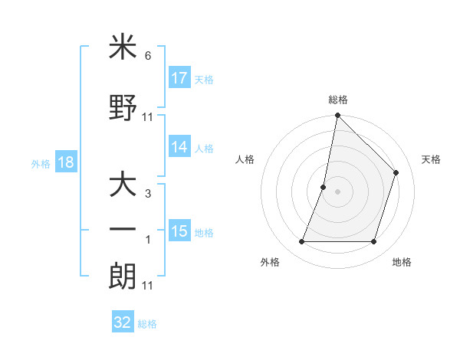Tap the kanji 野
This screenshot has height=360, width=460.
pyautogui.click(x=123, y=106)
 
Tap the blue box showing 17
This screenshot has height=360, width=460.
pyautogui.click(x=179, y=78)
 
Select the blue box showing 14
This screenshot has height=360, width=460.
pyautogui.click(x=179, y=148)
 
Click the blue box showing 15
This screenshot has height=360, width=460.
pyautogui.click(x=179, y=231)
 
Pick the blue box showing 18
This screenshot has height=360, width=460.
pyautogui.click(x=65, y=163)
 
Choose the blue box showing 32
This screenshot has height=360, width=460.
pyautogui.click(x=123, y=322)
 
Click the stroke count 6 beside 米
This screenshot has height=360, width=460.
pyautogui.click(x=148, y=56)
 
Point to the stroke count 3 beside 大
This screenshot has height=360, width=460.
pyautogui.click(x=148, y=194)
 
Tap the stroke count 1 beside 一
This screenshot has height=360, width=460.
pyautogui.click(x=148, y=241)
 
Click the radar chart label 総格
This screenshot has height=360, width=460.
pyautogui.click(x=337, y=100)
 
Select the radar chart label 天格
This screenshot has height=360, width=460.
pyautogui.click(x=431, y=159)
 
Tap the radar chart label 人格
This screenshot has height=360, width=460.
pyautogui.click(x=245, y=159)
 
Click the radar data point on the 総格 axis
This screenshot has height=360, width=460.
pyautogui.click(x=337, y=116)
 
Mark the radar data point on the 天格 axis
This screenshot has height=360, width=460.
pyautogui.click(x=396, y=172)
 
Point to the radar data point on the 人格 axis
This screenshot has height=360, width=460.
pyautogui.click(x=324, y=187)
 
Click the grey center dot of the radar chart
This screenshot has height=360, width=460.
pyautogui.click(x=337, y=191)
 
